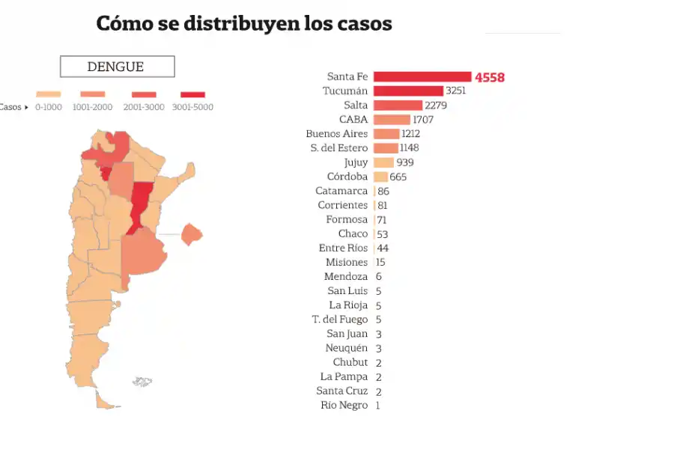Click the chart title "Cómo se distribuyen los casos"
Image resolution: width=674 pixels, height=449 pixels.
[244, 23]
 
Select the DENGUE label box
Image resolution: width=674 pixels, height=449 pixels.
[117, 67]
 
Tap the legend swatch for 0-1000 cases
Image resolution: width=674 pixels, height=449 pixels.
[48, 94]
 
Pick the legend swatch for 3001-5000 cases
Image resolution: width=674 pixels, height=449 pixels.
[192, 94]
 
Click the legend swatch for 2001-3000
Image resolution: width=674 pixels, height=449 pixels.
[144, 94]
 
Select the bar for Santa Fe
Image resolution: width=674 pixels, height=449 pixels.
[422, 76]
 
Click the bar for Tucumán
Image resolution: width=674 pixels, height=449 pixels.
[408, 91]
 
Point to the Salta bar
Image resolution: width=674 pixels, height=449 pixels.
[398, 105]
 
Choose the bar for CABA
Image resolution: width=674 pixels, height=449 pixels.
[392, 120]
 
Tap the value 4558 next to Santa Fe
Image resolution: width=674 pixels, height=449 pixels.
[490, 77]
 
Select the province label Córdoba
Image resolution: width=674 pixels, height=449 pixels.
[347, 177]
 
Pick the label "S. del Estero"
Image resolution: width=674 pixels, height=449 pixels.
[339, 148]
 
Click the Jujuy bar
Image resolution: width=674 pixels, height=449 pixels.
[383, 162]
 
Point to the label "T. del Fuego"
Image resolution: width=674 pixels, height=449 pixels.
[340, 320]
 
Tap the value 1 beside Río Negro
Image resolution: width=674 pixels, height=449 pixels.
[377, 406]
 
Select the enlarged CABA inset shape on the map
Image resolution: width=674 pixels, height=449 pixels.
[192, 233]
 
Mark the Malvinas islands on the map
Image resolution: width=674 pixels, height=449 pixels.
[142, 382]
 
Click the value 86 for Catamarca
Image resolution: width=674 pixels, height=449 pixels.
[383, 191]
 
